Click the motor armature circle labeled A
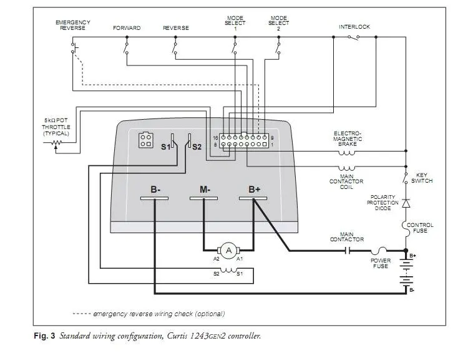[x=228, y=251]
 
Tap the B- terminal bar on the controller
[x=155, y=198]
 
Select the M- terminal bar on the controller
[x=203, y=198]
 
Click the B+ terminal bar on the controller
[x=253, y=198]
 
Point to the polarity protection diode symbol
[x=406, y=203]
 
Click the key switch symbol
[x=405, y=178]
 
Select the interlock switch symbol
[x=354, y=37]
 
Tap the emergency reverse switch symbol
[x=74, y=47]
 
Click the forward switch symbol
[x=126, y=47]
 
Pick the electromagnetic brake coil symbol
[x=346, y=153]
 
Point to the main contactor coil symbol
[x=346, y=168]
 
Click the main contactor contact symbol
[x=348, y=251]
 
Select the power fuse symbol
[x=379, y=250]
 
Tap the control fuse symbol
[x=406, y=229]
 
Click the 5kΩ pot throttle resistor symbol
[x=56, y=143]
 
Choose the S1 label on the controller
[x=165, y=147]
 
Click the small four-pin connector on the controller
[x=145, y=140]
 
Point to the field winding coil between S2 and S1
[x=228, y=271]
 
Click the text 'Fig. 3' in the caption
[x=45, y=335]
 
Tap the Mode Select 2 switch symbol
[x=278, y=47]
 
